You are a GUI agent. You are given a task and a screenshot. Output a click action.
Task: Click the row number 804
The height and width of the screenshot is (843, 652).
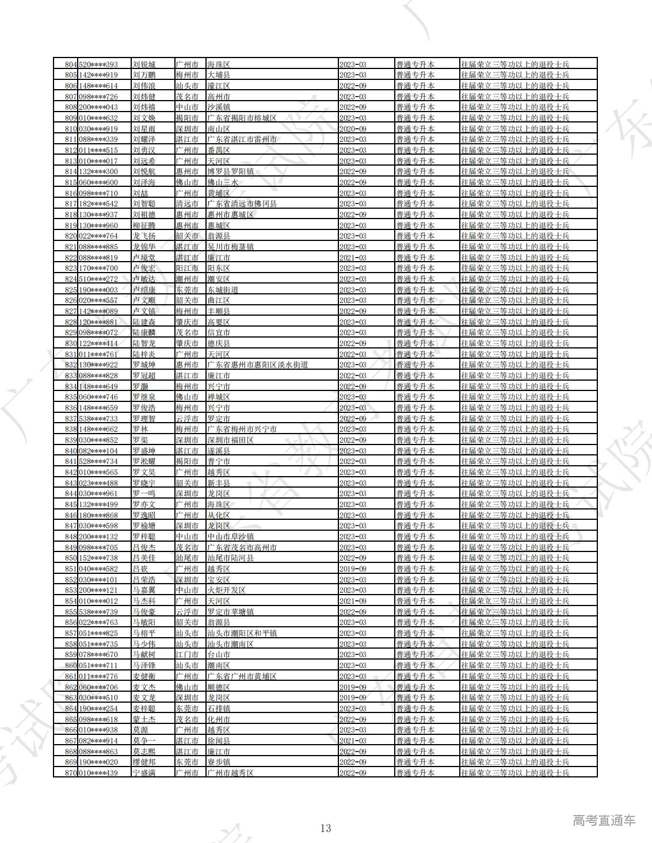pyautogui.click(x=70, y=64)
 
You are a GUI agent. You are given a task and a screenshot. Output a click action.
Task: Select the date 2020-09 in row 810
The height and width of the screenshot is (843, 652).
pyautogui.click(x=353, y=129)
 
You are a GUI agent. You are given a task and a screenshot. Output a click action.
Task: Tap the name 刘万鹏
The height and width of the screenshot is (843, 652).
pyautogui.click(x=144, y=75)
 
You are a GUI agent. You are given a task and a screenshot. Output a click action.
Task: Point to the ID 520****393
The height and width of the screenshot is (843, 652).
pyautogui.click(x=98, y=64)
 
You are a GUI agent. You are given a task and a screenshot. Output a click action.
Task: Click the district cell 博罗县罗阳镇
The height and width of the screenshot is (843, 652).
pyautogui.click(x=230, y=172)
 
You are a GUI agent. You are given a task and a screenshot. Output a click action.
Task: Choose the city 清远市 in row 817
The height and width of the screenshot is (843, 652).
pyautogui.click(x=187, y=204)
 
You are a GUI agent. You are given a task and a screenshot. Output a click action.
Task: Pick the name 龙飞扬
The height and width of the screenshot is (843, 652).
pyautogui.click(x=144, y=236)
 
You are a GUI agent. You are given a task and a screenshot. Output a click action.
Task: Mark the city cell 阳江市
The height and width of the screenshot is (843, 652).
pyautogui.click(x=187, y=269)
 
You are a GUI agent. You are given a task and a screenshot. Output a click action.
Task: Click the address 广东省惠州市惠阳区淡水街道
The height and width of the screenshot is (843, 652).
pyautogui.click(x=257, y=365)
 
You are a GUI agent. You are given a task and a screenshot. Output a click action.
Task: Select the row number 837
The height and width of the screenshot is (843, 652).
pyautogui.click(x=70, y=419)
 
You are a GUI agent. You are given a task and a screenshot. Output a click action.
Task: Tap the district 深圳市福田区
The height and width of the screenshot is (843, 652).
pyautogui.click(x=230, y=440)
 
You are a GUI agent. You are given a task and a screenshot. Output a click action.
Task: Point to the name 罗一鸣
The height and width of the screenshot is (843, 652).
pyautogui.click(x=144, y=494)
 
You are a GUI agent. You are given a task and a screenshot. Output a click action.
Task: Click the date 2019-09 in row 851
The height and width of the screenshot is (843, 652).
pyautogui.click(x=353, y=569)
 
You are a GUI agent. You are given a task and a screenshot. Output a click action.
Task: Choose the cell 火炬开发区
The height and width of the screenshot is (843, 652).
pyautogui.click(x=226, y=591)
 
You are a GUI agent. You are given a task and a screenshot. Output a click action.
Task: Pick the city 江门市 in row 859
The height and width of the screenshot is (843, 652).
pyautogui.click(x=187, y=655)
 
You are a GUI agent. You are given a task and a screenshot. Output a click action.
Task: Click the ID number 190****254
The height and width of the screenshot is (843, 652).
pyautogui.click(x=98, y=709)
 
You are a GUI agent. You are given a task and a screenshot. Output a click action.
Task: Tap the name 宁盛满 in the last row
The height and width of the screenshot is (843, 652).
pyautogui.click(x=144, y=773)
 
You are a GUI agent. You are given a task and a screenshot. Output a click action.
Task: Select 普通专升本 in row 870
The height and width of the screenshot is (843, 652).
pyautogui.click(x=415, y=773)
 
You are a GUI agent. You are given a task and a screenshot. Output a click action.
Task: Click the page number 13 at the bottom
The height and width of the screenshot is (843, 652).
pyautogui.click(x=326, y=829)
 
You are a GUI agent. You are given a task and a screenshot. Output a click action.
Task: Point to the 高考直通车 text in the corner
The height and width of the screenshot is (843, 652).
pyautogui.click(x=604, y=821)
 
